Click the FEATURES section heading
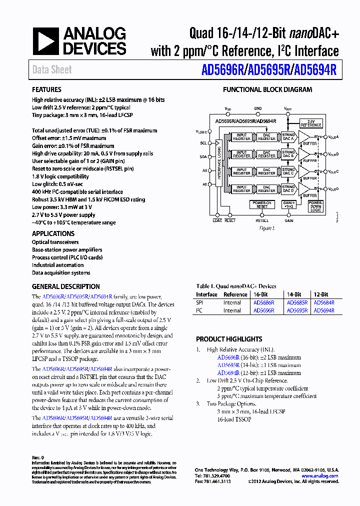pos(46,90)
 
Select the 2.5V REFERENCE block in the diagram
pos(311,123)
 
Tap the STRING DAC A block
pos(288,136)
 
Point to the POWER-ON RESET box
pos(262,204)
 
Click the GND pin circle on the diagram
pos(258,114)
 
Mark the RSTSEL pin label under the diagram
pos(262,220)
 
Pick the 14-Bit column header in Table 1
pos(293,294)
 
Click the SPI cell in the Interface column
pos(199,302)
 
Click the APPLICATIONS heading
pos(53,233)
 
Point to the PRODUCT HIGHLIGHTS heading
pos(229,339)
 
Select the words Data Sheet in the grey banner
pos(52,70)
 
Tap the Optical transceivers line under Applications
pos(55,242)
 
